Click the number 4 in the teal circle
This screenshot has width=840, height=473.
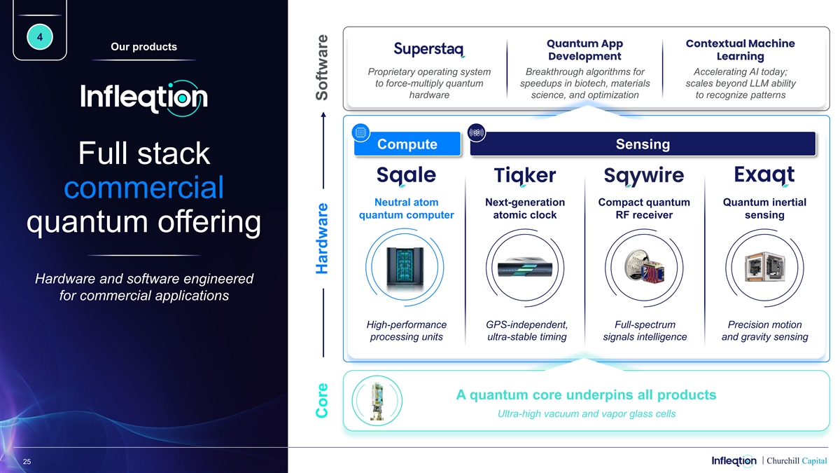point(40,37)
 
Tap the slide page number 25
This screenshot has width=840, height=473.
point(27,461)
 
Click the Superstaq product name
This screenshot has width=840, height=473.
point(429,49)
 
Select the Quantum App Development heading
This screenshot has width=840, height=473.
point(584,50)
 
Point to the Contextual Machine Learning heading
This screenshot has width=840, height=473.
point(741,50)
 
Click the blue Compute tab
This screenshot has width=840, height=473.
point(407,144)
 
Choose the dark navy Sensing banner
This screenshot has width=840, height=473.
point(643,144)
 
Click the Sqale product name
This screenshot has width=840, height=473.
point(406,175)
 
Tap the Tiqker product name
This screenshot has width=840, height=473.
point(524,175)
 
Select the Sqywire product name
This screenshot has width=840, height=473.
point(644,175)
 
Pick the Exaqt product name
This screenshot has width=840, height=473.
point(764,175)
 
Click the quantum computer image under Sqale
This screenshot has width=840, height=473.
point(405,268)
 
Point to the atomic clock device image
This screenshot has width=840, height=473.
point(525,268)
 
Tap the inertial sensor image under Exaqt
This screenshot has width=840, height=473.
point(764,266)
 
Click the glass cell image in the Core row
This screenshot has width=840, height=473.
point(377,401)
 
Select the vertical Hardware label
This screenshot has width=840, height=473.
point(322,238)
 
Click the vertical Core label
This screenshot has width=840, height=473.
point(322,400)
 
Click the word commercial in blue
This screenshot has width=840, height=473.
point(144,187)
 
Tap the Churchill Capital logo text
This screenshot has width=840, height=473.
point(797,460)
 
